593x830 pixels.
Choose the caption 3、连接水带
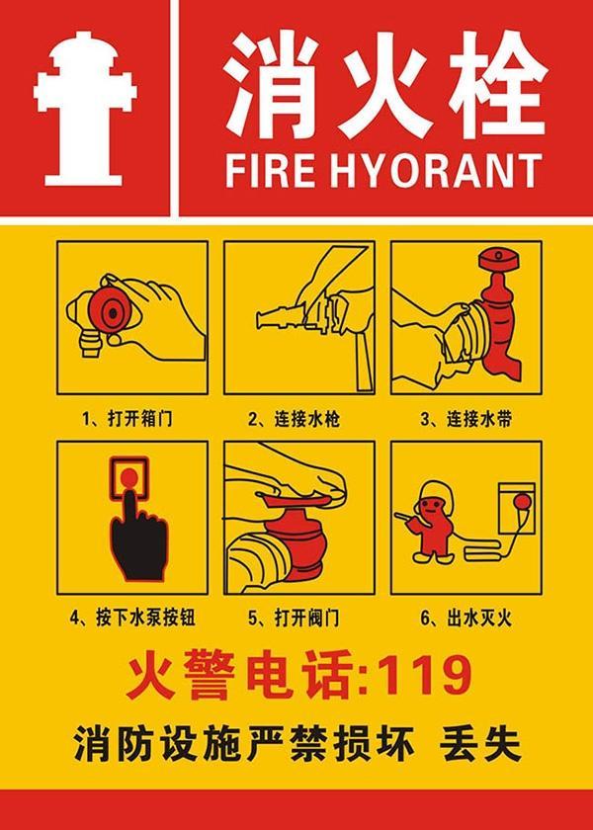click(x=466, y=418)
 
